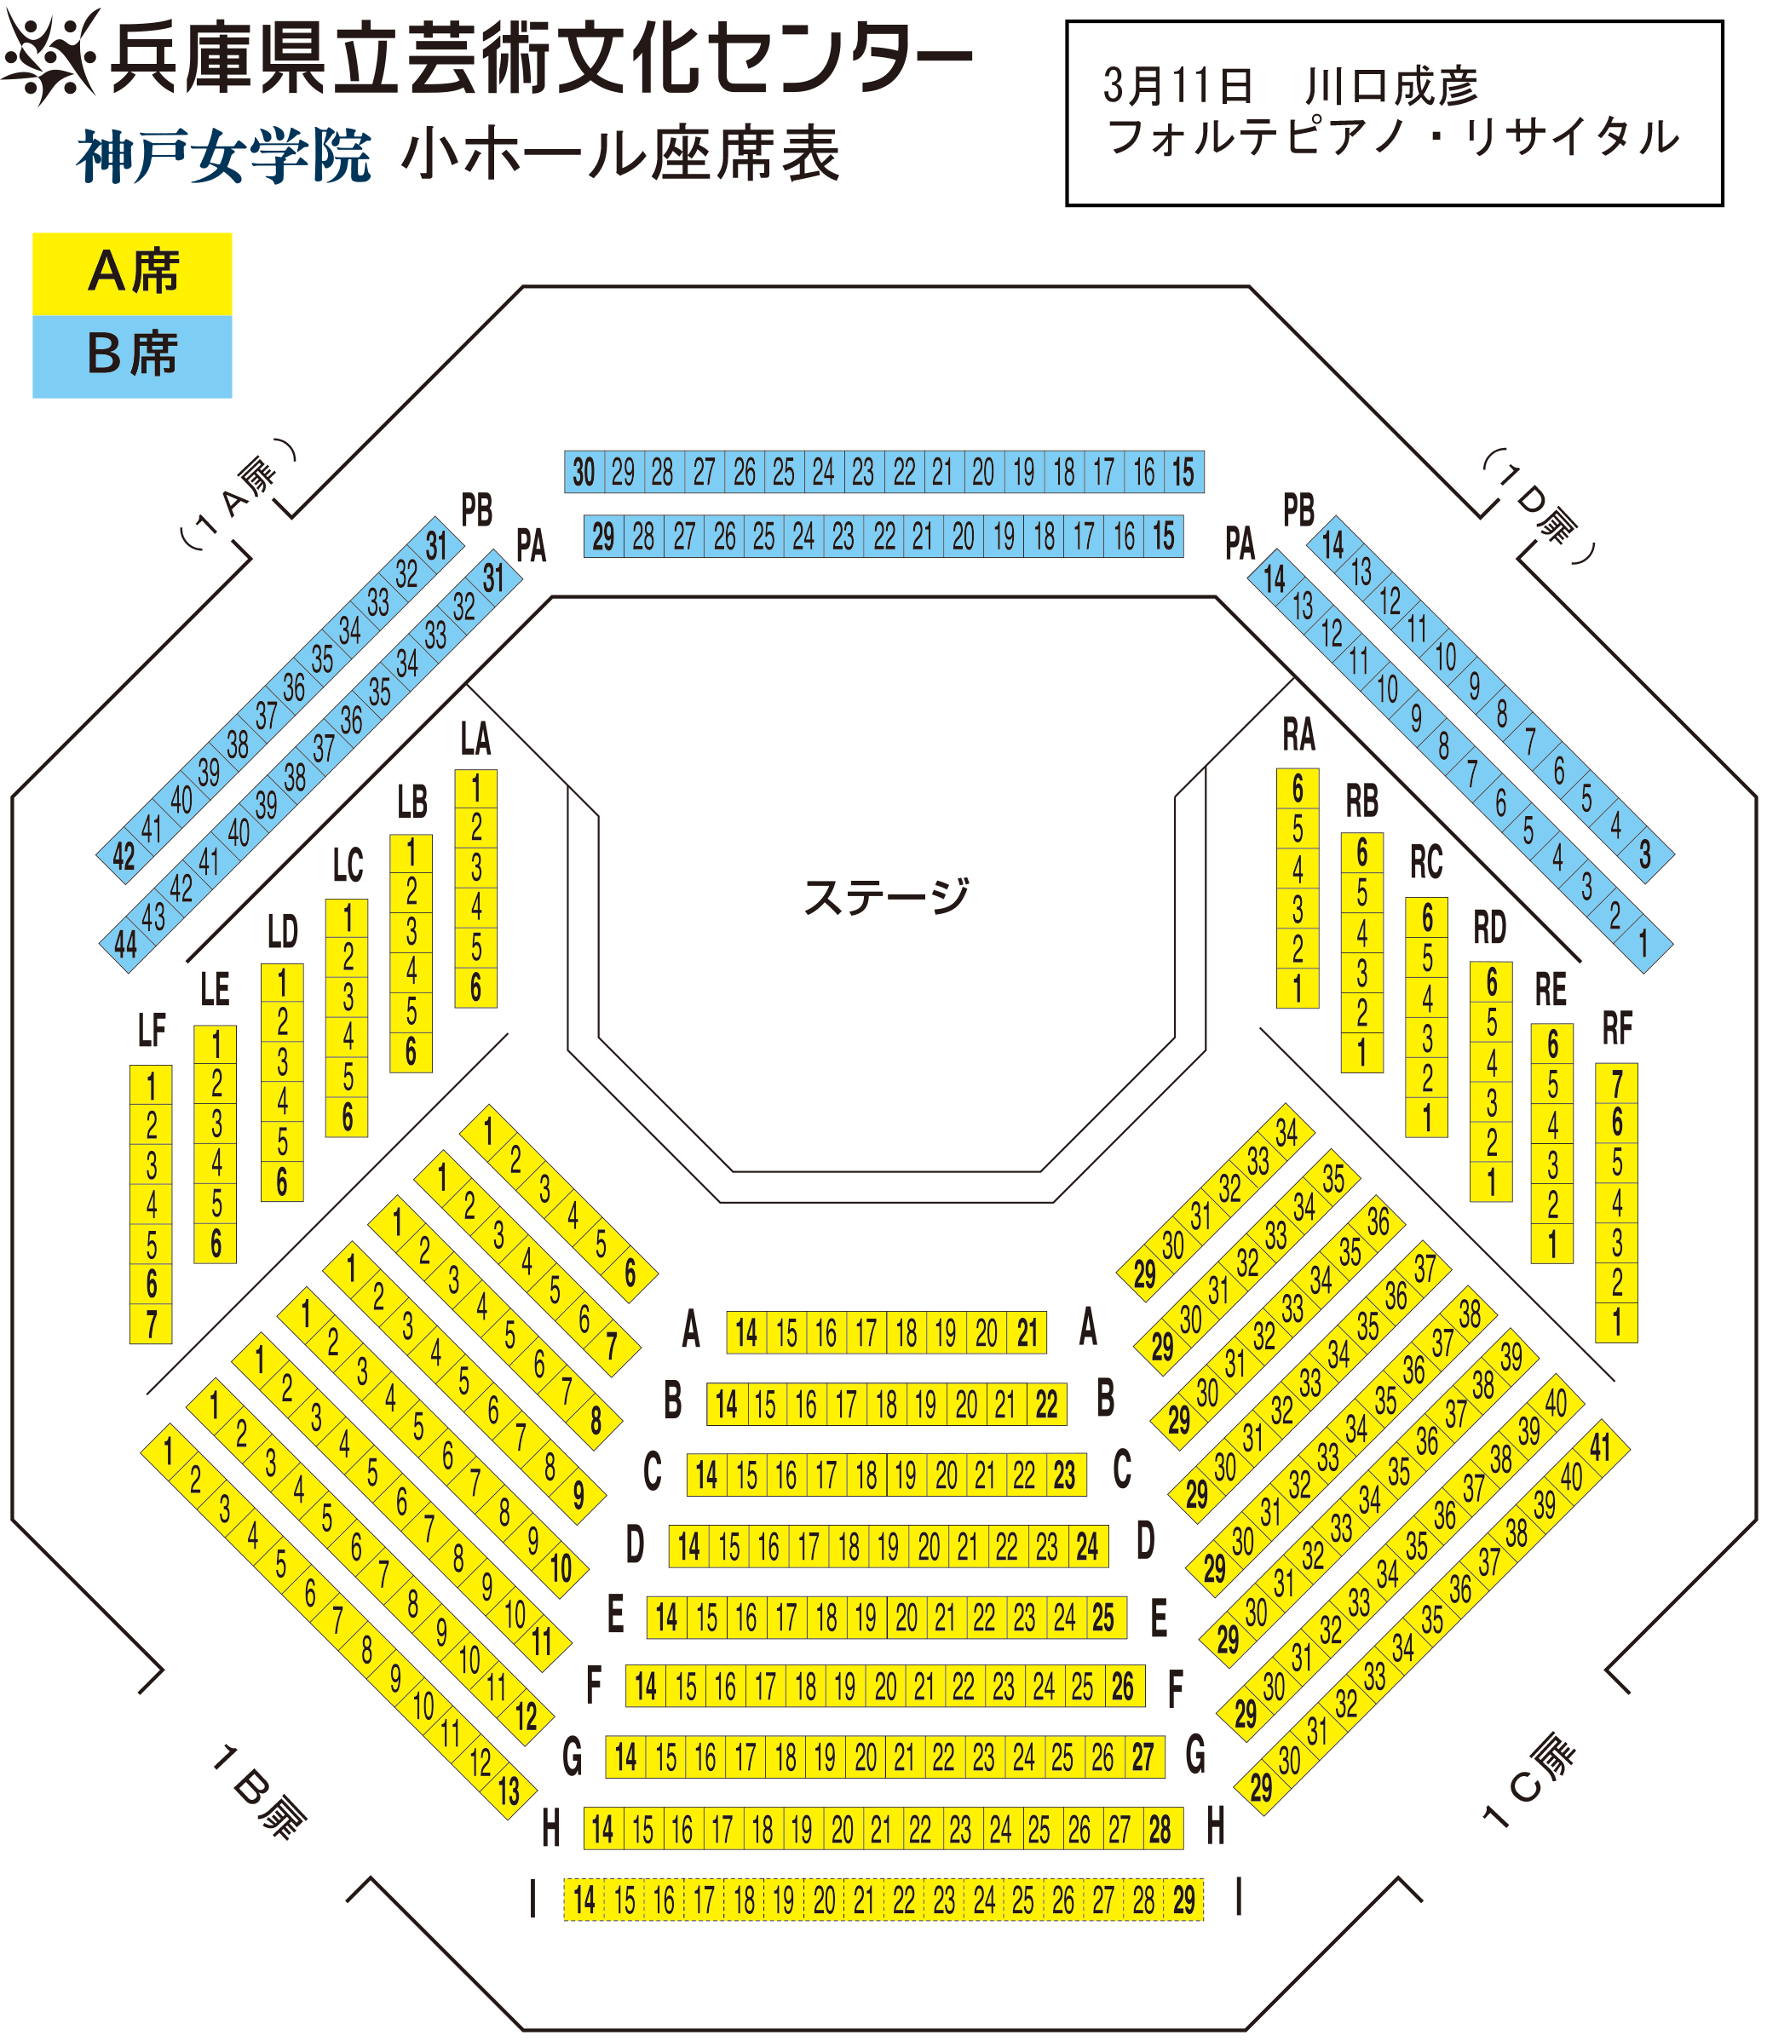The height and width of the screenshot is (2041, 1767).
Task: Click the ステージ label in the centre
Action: point(885,896)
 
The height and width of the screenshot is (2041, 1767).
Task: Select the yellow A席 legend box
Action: point(132,273)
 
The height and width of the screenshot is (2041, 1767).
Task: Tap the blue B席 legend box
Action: point(132,357)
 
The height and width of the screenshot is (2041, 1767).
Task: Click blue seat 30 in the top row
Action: point(584,472)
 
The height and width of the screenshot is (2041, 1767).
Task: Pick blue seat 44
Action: point(124,945)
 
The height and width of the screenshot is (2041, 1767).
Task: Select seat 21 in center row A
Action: point(1027,1332)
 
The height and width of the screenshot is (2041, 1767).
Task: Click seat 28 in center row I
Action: point(1143,1899)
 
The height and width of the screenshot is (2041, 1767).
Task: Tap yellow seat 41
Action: point(1599,1447)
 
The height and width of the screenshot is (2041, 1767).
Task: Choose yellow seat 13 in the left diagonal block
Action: point(509,1791)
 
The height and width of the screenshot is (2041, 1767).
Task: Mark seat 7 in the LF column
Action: point(151,1323)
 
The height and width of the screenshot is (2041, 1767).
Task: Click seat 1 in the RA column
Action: point(1298,987)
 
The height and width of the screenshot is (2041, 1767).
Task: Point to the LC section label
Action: point(347,865)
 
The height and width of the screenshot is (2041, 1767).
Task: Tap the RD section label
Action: point(1490,928)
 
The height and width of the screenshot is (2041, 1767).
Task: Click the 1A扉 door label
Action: point(237,492)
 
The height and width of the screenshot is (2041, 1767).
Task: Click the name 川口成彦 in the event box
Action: point(1391,87)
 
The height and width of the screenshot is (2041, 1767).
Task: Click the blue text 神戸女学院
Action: point(224,156)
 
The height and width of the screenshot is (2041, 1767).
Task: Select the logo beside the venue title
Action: point(51,55)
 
